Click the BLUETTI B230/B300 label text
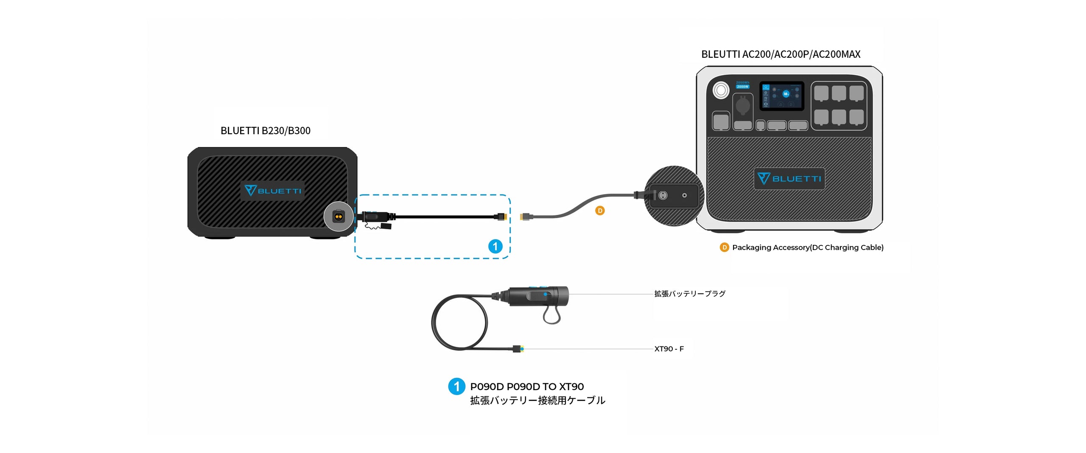(265, 131)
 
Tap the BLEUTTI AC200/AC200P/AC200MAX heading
(781, 54)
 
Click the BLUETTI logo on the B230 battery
(273, 191)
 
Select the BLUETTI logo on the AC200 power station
(789, 178)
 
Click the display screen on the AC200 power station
(781, 96)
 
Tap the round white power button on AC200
(721, 90)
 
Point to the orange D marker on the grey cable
(599, 211)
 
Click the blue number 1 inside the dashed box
(495, 246)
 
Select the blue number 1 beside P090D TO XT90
(456, 386)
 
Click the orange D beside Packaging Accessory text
(724, 248)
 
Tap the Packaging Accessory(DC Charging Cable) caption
(808, 248)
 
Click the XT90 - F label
(669, 349)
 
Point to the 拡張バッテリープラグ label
(690, 294)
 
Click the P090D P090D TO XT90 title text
(527, 387)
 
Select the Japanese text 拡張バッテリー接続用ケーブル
(537, 400)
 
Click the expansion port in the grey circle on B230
(338, 217)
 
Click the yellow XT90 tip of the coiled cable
(522, 349)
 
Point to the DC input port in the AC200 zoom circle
(663, 195)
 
